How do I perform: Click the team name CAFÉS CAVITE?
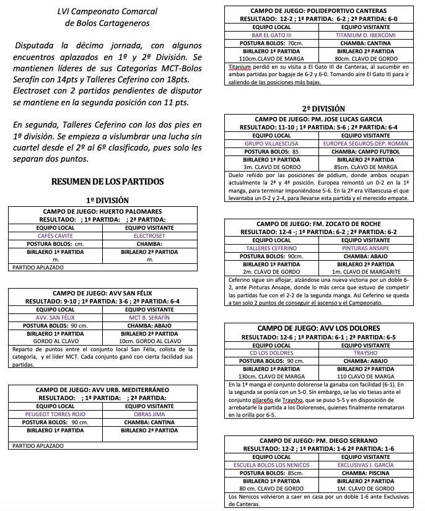56,236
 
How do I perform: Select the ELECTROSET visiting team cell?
149,236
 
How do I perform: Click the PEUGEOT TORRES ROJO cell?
56,414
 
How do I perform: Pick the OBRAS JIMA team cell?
149,414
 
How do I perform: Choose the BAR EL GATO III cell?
271,35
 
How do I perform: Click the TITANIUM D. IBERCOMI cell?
366,35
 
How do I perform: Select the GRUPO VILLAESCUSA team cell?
271,143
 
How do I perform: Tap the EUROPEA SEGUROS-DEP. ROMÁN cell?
366,143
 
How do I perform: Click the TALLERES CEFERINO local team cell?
271,248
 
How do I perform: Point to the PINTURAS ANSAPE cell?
366,248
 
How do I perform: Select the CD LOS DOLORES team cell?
271,353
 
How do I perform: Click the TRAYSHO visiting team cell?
366,353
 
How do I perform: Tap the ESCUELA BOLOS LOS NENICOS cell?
271,465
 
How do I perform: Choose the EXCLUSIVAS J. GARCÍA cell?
366,465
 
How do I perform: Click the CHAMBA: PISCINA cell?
366,473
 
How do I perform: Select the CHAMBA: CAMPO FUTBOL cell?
366,151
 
